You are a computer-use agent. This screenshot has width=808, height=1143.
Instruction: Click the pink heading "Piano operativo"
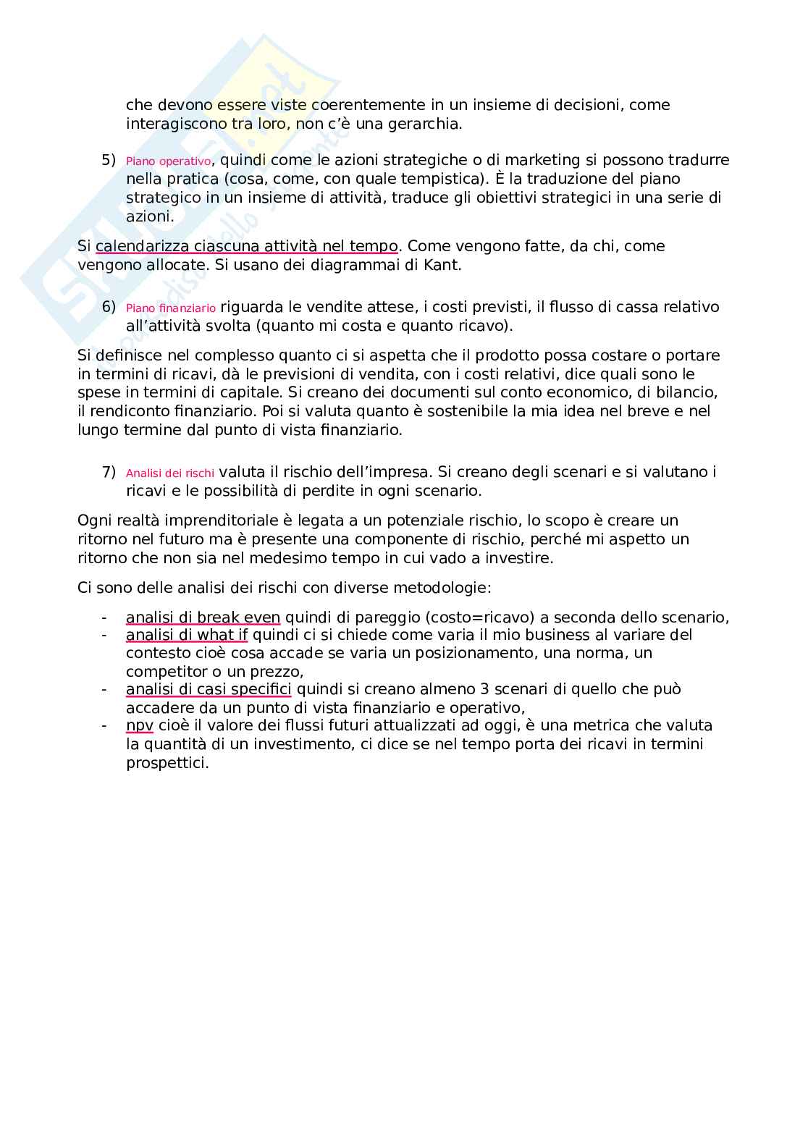pos(169,161)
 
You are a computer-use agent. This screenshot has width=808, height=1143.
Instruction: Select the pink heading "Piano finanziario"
pos(171,308)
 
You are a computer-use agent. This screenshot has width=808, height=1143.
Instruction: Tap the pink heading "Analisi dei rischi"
pos(170,473)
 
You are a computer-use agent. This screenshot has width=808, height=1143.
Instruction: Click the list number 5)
pos(109,160)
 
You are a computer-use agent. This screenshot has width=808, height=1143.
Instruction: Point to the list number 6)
pos(109,307)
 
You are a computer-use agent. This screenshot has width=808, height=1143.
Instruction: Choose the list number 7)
pos(109,472)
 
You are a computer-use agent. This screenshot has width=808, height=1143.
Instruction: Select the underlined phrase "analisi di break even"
pos(203,617)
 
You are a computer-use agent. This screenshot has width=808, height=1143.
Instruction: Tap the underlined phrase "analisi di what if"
pos(187,635)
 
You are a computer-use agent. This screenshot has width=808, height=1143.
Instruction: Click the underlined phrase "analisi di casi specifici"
pos(209,689)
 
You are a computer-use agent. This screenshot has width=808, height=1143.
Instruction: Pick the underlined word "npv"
pos(140,725)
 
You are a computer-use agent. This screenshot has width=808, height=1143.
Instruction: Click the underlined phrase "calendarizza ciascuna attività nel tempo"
pos(246,246)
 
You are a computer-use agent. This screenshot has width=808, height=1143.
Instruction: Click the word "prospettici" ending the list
pos(166,763)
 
